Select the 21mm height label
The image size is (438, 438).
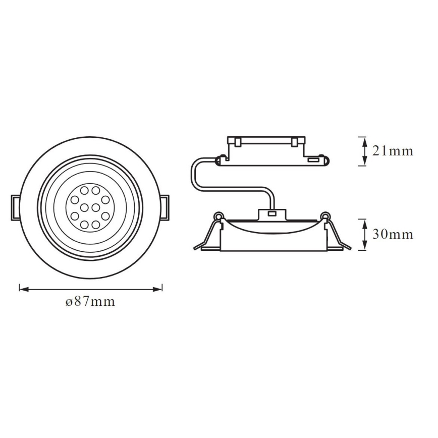click(x=393, y=150)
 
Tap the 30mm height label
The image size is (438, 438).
click(x=393, y=234)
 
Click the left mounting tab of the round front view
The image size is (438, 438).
click(x=15, y=207)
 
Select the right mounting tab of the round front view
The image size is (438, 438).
click(x=166, y=207)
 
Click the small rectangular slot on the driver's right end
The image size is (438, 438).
click(x=312, y=160)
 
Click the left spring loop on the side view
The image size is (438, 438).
click(x=218, y=217)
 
